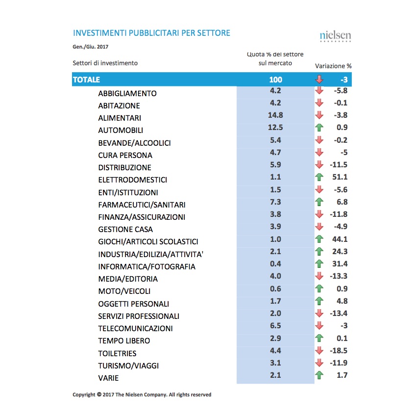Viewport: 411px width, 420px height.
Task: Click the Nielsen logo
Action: (x=335, y=36)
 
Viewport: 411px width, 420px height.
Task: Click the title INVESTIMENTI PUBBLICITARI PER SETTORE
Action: (x=151, y=33)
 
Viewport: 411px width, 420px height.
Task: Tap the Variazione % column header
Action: (x=333, y=66)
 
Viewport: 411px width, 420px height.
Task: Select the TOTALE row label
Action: (x=86, y=79)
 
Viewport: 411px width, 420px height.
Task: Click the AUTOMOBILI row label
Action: (x=121, y=131)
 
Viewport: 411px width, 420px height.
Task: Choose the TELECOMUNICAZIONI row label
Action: (x=135, y=328)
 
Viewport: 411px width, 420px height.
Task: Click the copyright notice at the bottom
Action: (x=142, y=394)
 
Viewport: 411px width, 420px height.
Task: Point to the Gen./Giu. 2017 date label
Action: (x=90, y=47)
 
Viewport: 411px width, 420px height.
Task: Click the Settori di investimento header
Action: (x=105, y=63)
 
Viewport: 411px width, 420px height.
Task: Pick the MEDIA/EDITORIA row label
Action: (x=128, y=279)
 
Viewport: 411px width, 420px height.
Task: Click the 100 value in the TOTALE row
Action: (x=275, y=79)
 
